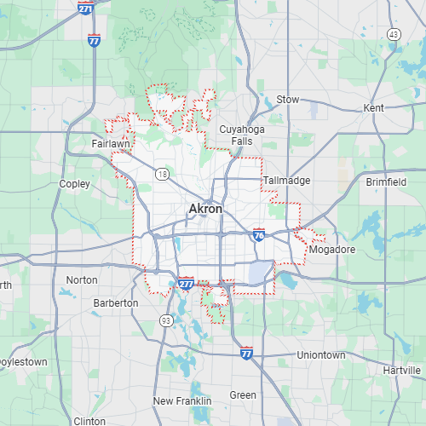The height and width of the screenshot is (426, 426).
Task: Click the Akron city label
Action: coord(205,209)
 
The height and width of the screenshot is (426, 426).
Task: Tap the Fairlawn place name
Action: coord(111,145)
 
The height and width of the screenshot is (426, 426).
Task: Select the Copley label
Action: coord(74,183)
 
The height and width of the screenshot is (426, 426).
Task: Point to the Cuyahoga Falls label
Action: coord(236,135)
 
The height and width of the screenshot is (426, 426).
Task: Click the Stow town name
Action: coord(288,100)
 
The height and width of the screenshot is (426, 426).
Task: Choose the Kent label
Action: coord(373,108)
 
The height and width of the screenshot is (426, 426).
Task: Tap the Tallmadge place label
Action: coord(286,181)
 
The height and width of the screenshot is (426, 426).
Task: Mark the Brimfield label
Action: coord(387,181)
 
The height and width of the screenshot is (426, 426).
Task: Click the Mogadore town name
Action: coord(332,250)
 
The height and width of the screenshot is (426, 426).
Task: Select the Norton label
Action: coord(82,279)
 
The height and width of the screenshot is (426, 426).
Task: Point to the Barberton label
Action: coord(116,302)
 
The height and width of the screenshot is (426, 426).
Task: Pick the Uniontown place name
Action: coord(321,354)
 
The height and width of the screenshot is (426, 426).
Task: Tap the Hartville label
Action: coord(402,371)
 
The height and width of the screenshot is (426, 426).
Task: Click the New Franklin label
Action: coord(180,400)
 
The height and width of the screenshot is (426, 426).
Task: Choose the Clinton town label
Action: coord(89,421)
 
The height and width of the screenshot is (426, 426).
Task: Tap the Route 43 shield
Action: coord(393,33)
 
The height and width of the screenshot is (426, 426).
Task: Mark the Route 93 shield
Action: coord(164,320)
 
